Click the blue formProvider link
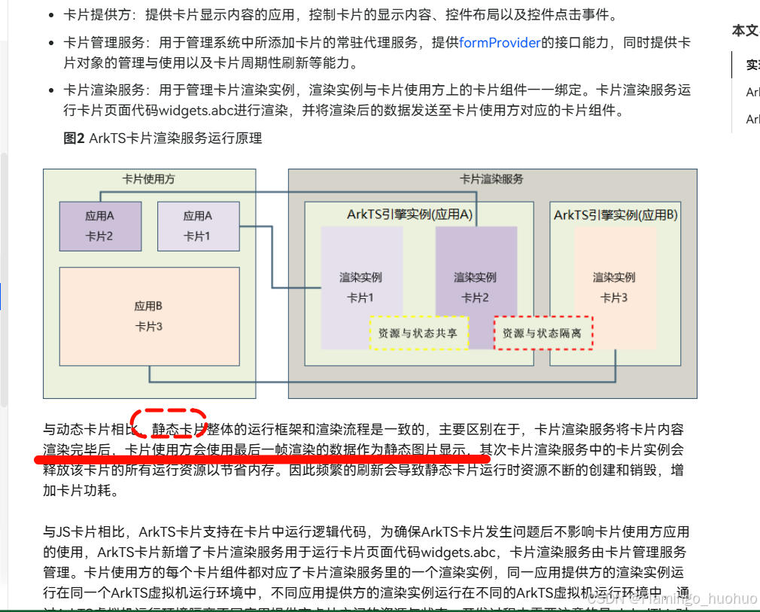coord(500,43)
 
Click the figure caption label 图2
coord(74,139)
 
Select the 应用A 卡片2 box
coord(100,226)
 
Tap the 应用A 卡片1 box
coord(198,226)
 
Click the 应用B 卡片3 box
coord(148,316)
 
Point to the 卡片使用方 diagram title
coord(149,179)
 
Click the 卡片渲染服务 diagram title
coord(491,179)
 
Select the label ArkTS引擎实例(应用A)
coord(410,215)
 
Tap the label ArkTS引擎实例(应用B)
coord(616,215)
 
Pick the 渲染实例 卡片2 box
coord(476,279)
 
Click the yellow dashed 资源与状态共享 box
coord(418,333)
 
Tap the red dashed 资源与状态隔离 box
coord(543,333)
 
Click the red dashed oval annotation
coord(169,424)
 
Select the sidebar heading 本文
coord(745,30)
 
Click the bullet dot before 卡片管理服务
coord(50,44)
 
